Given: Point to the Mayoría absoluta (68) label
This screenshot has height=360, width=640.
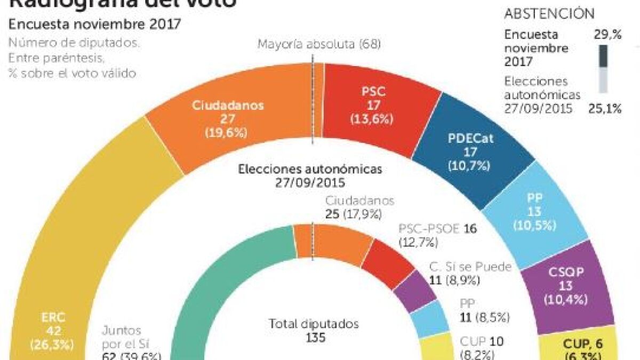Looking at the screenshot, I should (x=319, y=44).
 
